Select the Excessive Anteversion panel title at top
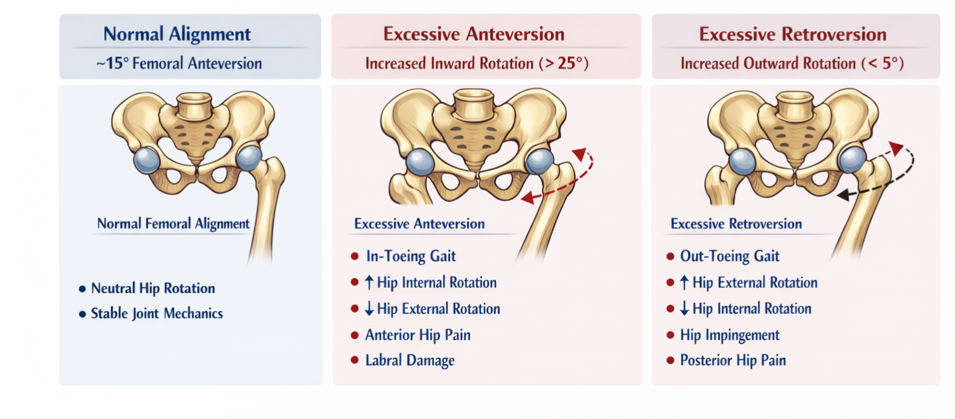click(x=473, y=34)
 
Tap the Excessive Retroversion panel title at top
click(x=793, y=34)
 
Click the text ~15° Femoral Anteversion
click(x=179, y=64)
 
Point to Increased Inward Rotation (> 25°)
click(x=477, y=64)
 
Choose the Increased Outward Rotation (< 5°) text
click(x=792, y=64)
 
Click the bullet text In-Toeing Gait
click(x=410, y=256)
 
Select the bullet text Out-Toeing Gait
click(x=729, y=256)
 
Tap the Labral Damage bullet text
click(x=409, y=361)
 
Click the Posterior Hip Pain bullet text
click(x=732, y=361)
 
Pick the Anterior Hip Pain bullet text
click(x=417, y=335)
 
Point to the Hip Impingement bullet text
click(x=730, y=335)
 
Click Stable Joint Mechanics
click(x=156, y=314)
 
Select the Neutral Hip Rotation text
click(x=153, y=288)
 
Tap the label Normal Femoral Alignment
click(x=173, y=224)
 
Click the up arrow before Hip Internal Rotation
click(x=370, y=283)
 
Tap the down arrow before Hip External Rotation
click(x=369, y=309)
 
